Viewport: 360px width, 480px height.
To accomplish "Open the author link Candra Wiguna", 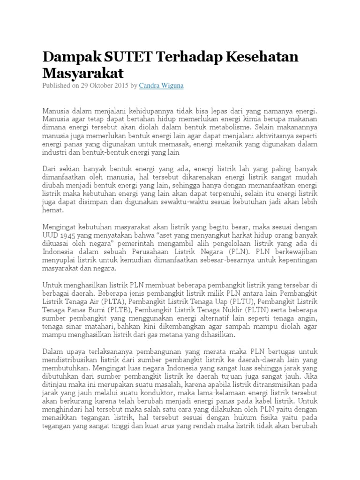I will coord(161,86).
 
